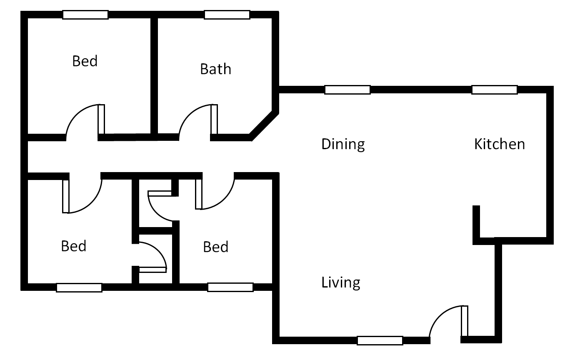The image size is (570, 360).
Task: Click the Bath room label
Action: pyautogui.click(x=215, y=69)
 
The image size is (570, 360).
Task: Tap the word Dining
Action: pyautogui.click(x=343, y=144)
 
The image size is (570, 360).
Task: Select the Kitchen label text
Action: pyautogui.click(x=499, y=144)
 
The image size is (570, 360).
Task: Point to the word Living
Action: pyautogui.click(x=340, y=282)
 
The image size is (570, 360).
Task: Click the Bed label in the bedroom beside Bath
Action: pyautogui.click(x=85, y=61)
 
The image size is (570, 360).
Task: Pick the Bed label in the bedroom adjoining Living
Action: pyautogui.click(x=215, y=247)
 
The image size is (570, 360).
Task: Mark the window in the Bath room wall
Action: pyautogui.click(x=227, y=15)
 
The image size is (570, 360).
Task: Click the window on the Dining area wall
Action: pyautogui.click(x=347, y=90)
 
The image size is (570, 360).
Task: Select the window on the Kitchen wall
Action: pyautogui.click(x=494, y=90)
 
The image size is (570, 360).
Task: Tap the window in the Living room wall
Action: pyautogui.click(x=380, y=340)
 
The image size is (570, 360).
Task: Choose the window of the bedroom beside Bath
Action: pyautogui.click(x=85, y=15)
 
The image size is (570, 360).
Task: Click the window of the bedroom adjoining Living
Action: pyautogui.click(x=230, y=287)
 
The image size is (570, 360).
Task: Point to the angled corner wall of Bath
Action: pyautogui.click(x=264, y=123)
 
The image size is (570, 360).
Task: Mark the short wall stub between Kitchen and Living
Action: pyautogui.click(x=477, y=223)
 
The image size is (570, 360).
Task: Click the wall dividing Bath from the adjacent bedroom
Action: pyautogui.click(x=154, y=75)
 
